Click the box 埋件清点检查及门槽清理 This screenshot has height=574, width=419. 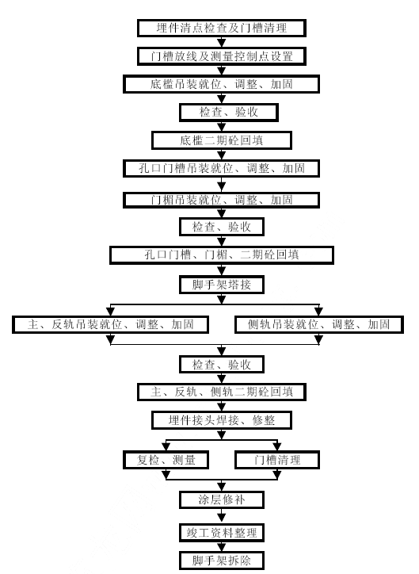(x=222, y=29)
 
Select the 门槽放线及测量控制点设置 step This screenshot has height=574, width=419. (x=222, y=56)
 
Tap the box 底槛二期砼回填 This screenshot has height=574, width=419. (x=222, y=140)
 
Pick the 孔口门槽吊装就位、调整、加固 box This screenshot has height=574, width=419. (x=221, y=168)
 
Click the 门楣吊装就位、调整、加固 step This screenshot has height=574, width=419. (x=221, y=200)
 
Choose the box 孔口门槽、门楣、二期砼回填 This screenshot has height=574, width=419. (x=222, y=254)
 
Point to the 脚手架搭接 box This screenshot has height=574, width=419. (x=222, y=285)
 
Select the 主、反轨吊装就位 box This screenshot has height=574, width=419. (x=110, y=324)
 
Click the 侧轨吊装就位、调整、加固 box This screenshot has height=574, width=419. (x=319, y=325)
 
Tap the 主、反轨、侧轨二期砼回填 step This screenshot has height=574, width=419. (x=222, y=392)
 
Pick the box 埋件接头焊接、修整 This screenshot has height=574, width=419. (x=222, y=420)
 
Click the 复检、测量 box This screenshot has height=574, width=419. (x=166, y=460)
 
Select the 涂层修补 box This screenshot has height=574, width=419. (x=222, y=499)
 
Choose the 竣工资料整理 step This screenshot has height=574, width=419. (x=222, y=533)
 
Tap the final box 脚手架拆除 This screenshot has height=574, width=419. (x=222, y=561)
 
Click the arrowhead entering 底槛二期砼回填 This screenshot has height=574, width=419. (x=222, y=128)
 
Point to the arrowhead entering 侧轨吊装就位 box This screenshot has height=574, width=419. (x=319, y=312)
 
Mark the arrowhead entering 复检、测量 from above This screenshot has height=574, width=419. (x=166, y=446)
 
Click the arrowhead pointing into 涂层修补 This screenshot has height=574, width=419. (x=222, y=487)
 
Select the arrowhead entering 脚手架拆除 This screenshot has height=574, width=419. (x=222, y=547)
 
